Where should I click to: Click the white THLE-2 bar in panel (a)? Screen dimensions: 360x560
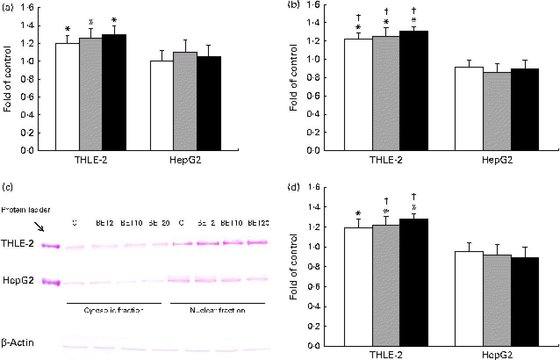pyautogui.click(x=67, y=97)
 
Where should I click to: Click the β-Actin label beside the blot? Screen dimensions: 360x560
pyautogui.click(x=18, y=342)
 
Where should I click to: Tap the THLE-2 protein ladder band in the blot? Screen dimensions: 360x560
pyautogui.click(x=50, y=245)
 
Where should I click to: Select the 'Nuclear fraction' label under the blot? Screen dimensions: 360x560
pyautogui.click(x=217, y=310)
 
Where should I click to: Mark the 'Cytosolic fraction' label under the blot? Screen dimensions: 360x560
pyautogui.click(x=114, y=310)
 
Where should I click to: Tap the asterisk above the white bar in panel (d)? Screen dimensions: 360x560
pyautogui.click(x=359, y=214)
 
